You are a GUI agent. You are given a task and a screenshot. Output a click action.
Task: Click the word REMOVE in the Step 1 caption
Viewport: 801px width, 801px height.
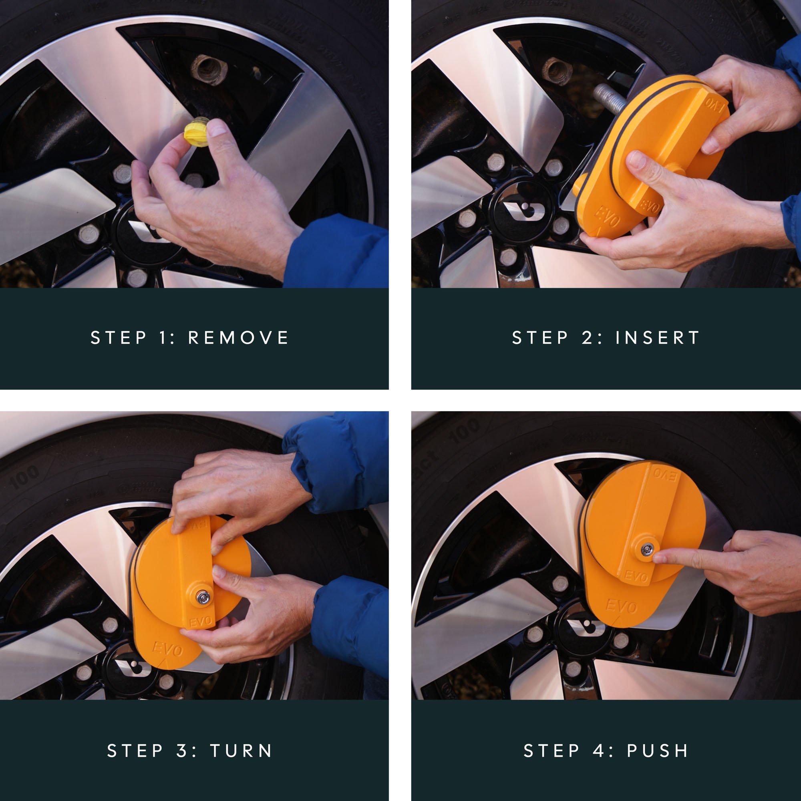[238, 338]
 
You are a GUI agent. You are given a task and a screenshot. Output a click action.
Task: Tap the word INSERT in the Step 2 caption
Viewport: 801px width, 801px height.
[658, 338]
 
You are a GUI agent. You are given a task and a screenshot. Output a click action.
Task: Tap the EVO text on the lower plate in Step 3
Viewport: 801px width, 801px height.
[168, 649]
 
